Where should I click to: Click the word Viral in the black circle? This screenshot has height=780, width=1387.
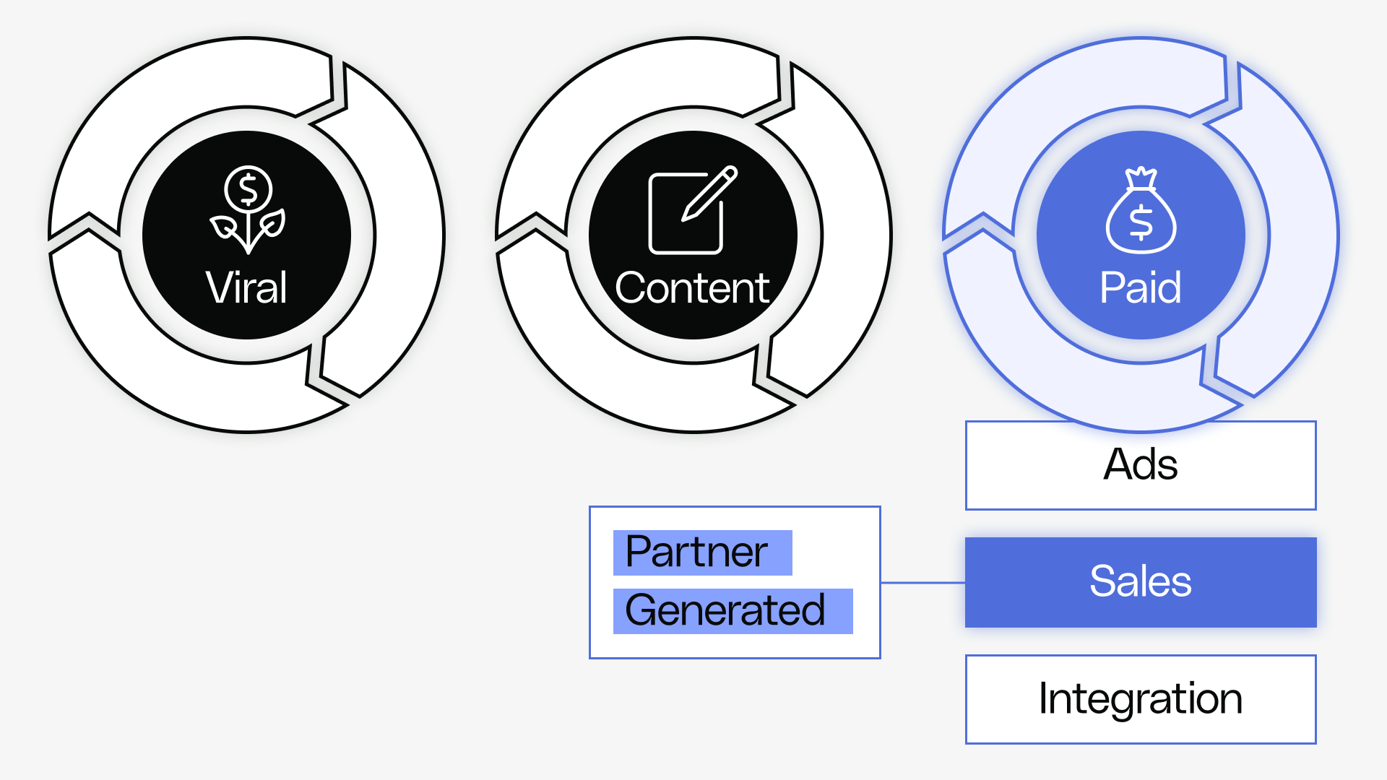click(246, 287)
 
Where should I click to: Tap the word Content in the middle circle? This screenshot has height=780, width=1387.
click(692, 287)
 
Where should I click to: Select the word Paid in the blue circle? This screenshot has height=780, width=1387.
click(1140, 287)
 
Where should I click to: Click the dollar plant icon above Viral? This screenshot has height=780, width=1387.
click(248, 209)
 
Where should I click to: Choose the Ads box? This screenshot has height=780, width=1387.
click(1141, 465)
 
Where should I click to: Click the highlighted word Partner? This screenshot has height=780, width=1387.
click(696, 552)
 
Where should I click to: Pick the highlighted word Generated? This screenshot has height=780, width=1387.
click(725, 610)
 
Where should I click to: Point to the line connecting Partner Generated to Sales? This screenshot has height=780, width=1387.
click(922, 582)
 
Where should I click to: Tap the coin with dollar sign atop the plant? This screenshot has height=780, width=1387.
click(248, 189)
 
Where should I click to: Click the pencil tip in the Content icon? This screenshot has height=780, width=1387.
click(687, 214)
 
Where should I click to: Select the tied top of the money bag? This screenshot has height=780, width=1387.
click(1141, 176)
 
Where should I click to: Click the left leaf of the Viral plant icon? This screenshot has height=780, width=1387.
click(224, 229)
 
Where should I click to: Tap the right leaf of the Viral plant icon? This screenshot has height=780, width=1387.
click(272, 224)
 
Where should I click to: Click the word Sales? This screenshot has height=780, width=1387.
click(1140, 581)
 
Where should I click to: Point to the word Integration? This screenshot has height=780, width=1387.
click(1140, 698)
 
